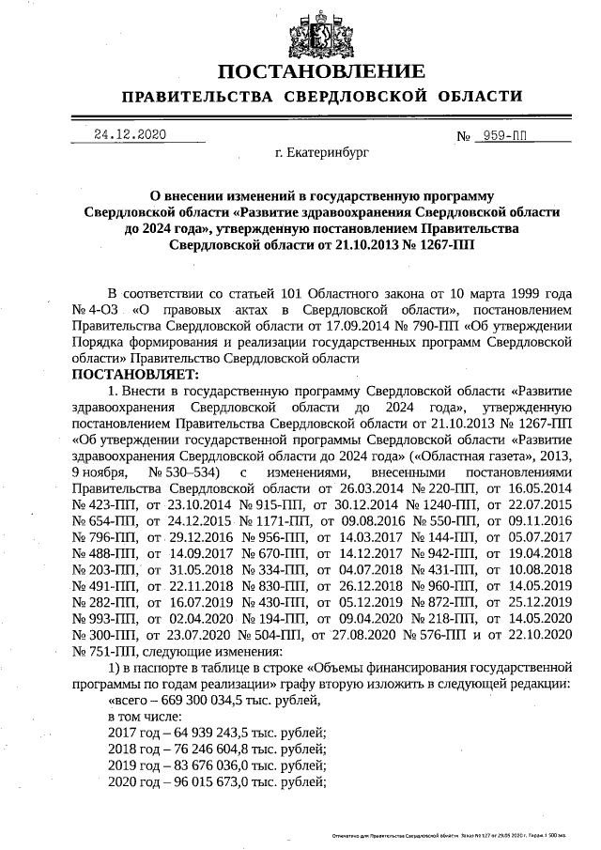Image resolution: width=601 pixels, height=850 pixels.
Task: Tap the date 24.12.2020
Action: [130, 134]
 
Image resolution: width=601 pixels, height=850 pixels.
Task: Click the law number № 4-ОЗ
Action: [97, 309]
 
